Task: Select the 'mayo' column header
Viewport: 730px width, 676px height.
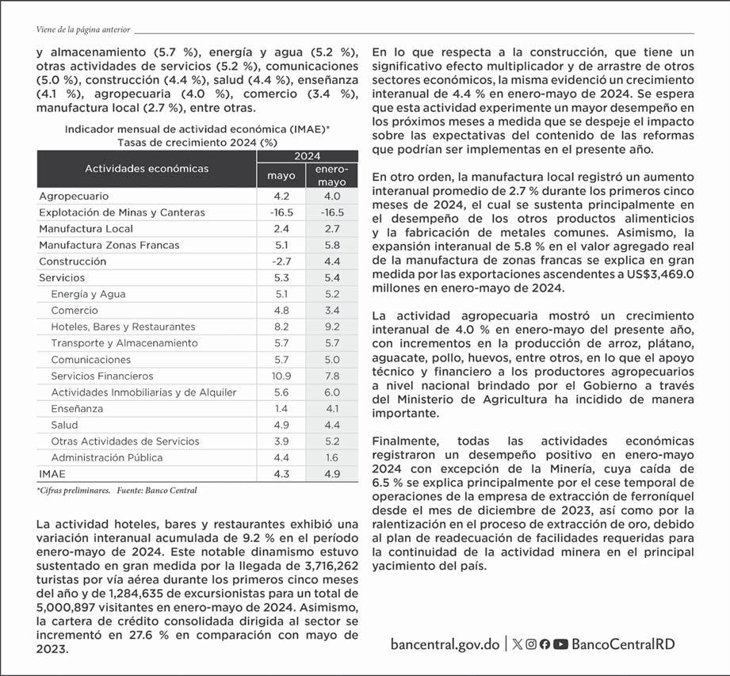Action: [x=281, y=176]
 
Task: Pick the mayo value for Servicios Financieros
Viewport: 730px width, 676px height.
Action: [x=281, y=376]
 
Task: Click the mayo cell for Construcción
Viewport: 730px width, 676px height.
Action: [x=281, y=261]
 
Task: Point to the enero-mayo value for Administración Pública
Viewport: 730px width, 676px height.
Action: [x=331, y=457]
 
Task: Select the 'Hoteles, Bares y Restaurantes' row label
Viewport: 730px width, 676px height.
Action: [x=123, y=327]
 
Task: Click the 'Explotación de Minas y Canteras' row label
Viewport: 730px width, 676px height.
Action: [x=121, y=212]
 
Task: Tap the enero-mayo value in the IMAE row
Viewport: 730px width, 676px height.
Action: [x=331, y=474]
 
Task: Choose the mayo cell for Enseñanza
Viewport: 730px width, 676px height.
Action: [x=281, y=408]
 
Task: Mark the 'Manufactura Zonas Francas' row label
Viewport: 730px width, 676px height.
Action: [x=109, y=245]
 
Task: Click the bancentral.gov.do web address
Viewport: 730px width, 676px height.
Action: [x=445, y=644]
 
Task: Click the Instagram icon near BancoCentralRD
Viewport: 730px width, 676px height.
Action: [x=531, y=644]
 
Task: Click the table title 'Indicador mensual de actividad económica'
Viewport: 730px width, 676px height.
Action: [x=197, y=129]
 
